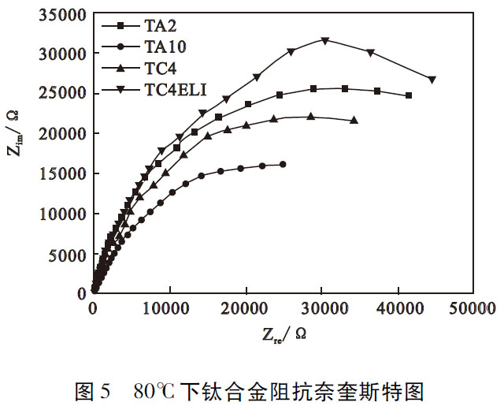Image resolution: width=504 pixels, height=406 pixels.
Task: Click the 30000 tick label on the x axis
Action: [322, 310]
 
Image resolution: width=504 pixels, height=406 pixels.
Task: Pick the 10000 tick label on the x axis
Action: [169, 310]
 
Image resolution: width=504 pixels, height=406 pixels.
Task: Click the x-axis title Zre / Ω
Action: [285, 335]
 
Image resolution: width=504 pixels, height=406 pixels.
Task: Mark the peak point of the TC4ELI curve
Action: [324, 40]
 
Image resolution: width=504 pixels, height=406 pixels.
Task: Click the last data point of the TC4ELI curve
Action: [432, 80]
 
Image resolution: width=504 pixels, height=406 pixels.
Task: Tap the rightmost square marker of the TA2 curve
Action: [408, 95]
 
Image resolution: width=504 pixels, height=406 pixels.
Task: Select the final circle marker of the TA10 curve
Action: [283, 164]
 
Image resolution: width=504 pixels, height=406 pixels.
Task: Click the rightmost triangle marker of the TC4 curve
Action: [354, 120]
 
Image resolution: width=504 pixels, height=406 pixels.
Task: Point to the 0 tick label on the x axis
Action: [93, 310]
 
